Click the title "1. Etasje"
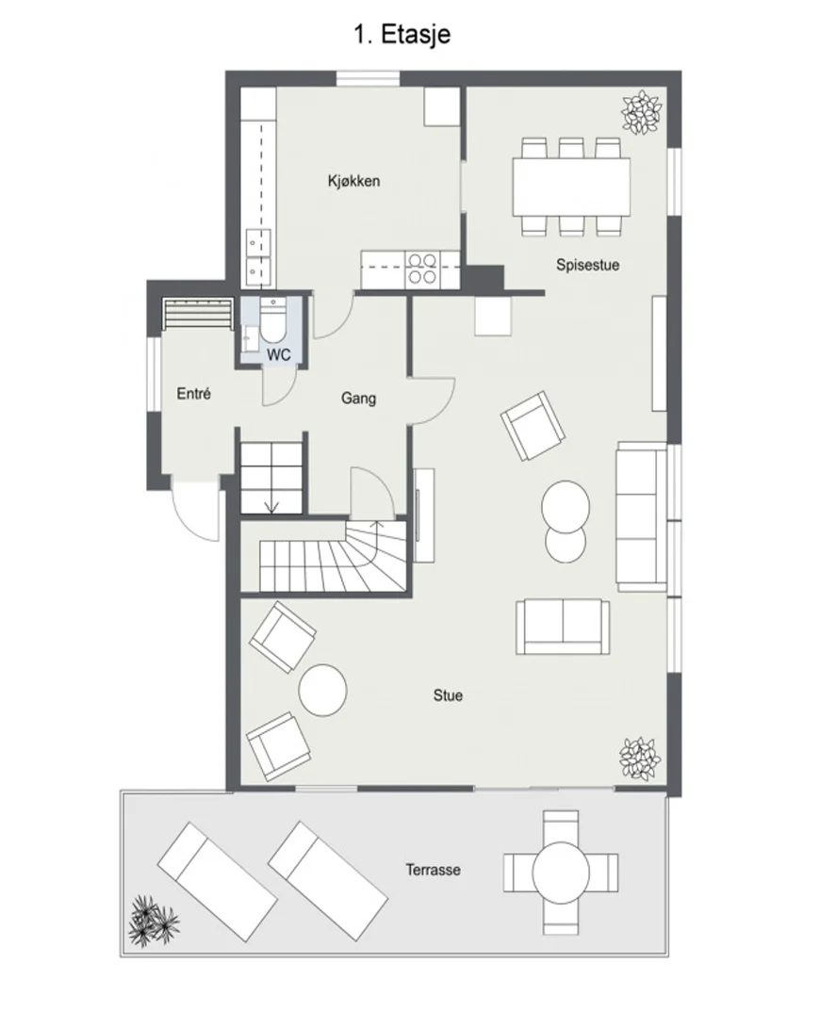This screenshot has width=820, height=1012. tap(402, 35)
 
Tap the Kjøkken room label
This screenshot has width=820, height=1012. tap(353, 181)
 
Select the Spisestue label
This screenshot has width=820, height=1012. tap(587, 265)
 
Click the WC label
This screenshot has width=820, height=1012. tap(279, 354)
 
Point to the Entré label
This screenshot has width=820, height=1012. tap(194, 393)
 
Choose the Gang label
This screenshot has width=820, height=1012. tap(358, 399)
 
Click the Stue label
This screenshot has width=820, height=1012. tap(448, 695)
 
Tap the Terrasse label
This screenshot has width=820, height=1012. tap(434, 870)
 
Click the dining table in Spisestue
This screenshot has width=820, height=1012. tap(571, 188)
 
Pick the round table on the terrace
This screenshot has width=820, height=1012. tap(561, 872)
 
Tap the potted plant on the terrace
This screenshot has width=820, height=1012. tap(154, 921)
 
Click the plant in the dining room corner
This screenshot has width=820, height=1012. tap(642, 113)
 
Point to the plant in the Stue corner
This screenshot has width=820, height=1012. tap(640, 759)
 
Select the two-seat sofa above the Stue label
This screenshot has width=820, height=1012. tap(563, 626)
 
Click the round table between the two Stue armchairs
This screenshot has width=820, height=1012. tap(323, 691)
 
